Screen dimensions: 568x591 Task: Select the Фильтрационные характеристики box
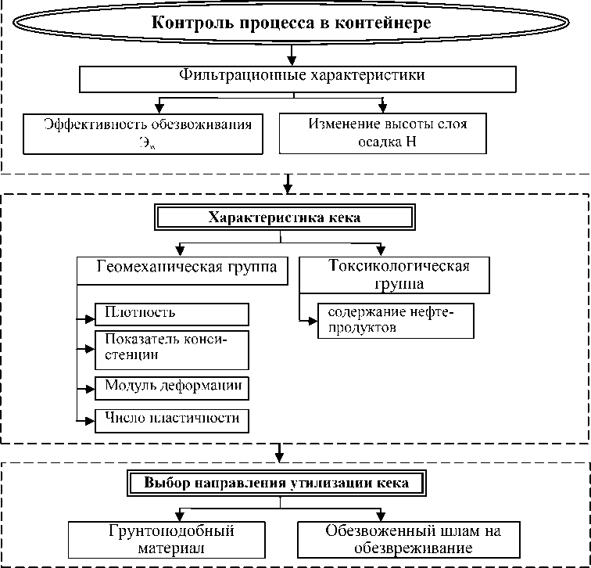coord(297,79)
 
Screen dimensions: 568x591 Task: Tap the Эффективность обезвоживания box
coord(141,134)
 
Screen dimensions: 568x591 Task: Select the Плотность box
coord(171,313)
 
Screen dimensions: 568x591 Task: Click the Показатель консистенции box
coord(171,349)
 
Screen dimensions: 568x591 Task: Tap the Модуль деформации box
coord(171,386)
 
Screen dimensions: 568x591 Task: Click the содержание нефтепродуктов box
coord(396,320)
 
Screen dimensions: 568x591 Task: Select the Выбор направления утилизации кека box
coord(278,483)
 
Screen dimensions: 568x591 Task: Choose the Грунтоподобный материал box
coord(173,540)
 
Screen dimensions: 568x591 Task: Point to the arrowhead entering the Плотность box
coord(90,318)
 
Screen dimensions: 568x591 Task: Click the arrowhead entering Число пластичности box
coord(90,420)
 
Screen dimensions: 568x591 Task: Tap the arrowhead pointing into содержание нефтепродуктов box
coord(312,318)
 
